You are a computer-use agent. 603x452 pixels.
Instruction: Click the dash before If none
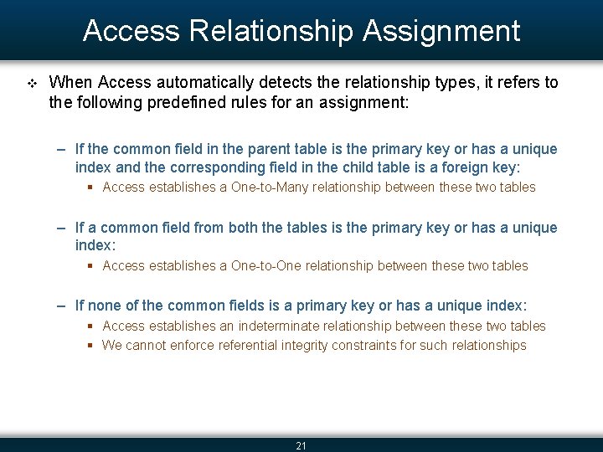point(63,306)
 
